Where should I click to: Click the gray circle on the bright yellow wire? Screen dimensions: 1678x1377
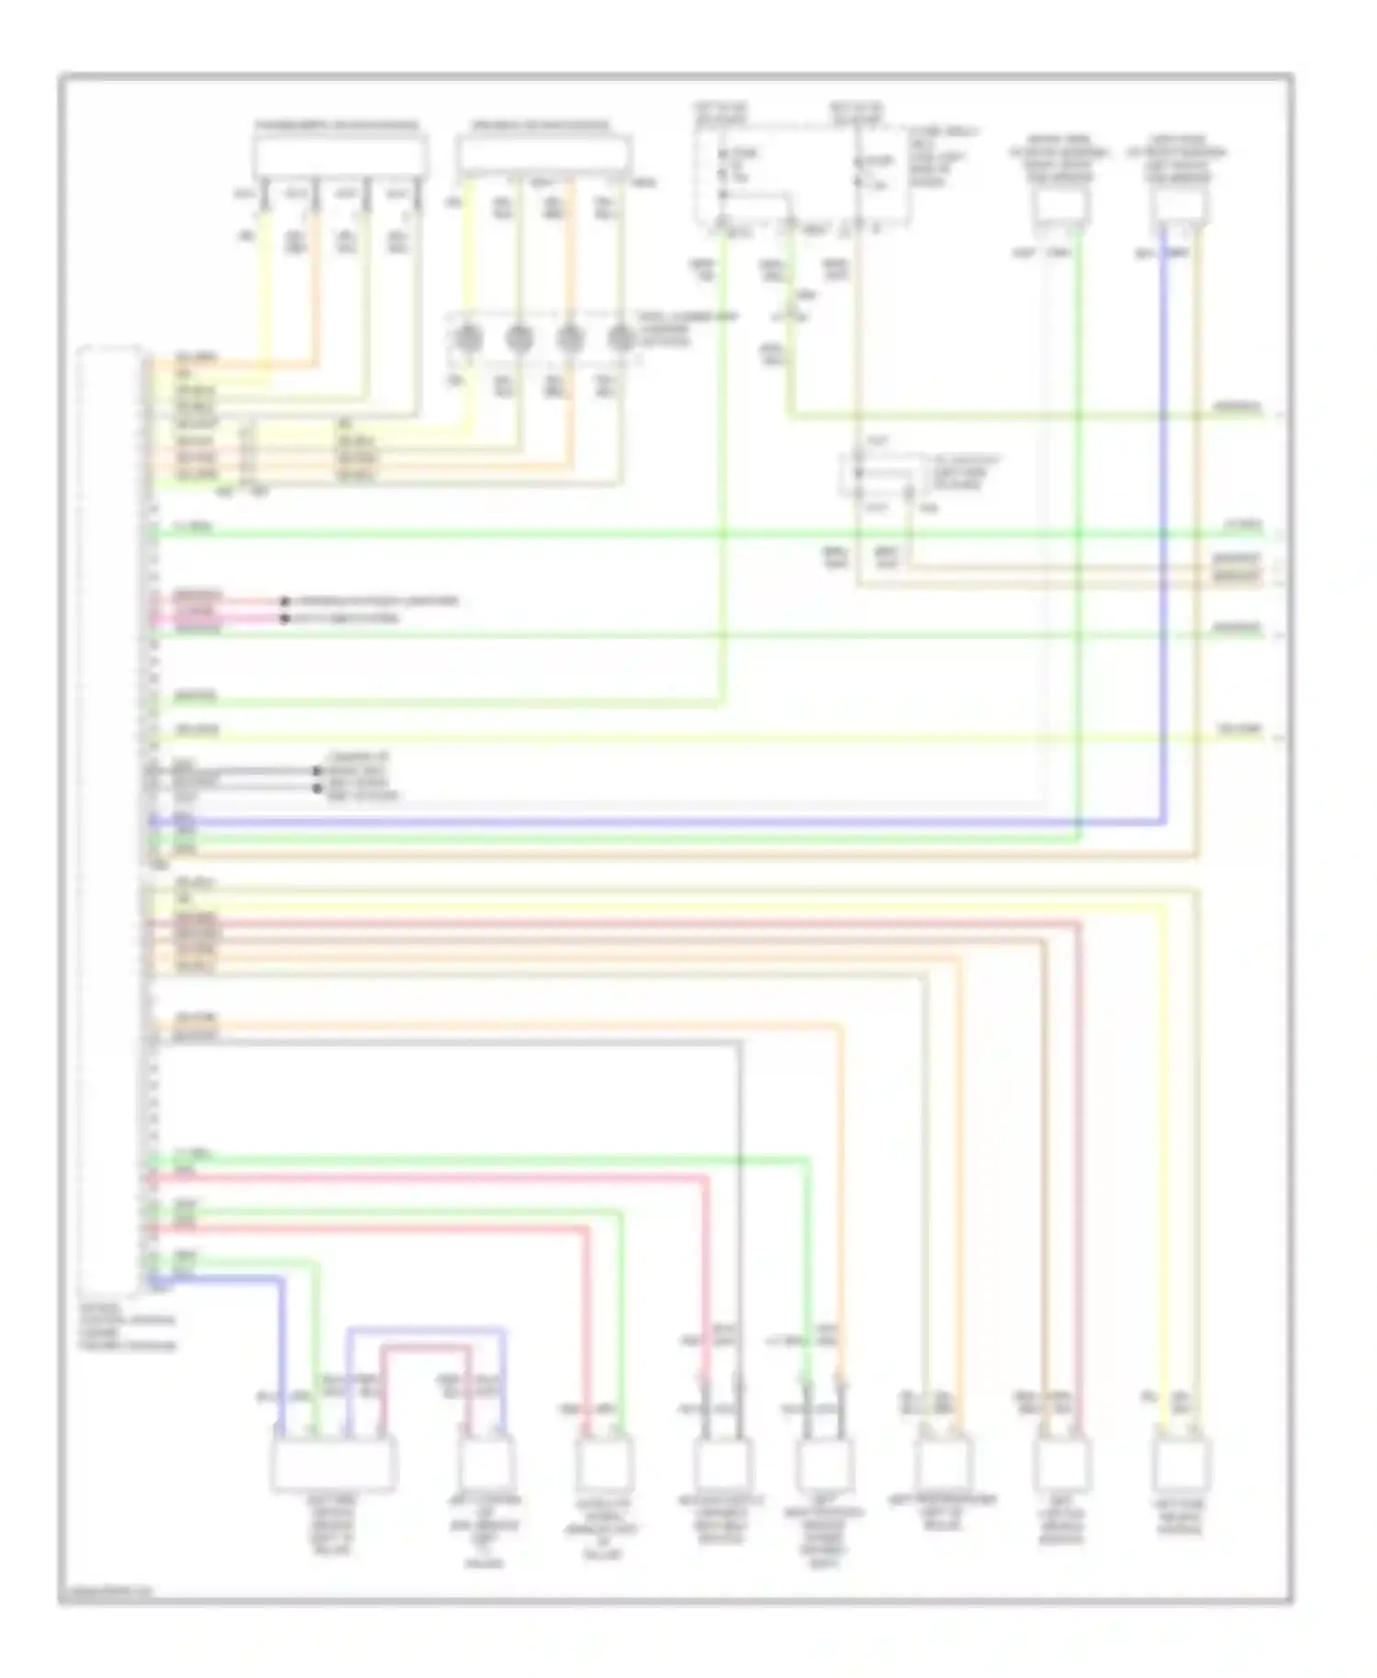click(x=468, y=339)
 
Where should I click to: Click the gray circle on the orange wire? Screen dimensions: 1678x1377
click(x=571, y=339)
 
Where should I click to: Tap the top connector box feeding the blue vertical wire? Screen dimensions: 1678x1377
click(x=1180, y=207)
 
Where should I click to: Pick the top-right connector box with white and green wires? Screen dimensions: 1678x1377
click(x=1060, y=207)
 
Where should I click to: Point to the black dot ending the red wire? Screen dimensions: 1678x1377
click(x=285, y=602)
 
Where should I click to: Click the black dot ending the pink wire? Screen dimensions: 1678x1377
click(x=285, y=619)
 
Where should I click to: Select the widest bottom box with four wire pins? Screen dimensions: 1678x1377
click(x=332, y=1463)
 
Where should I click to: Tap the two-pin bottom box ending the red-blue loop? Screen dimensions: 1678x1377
click(x=486, y=1463)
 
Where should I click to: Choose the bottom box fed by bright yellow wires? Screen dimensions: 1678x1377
click(x=1181, y=1463)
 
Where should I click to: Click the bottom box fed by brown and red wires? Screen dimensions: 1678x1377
click(x=1061, y=1463)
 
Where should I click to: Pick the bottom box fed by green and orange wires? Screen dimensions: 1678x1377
click(x=823, y=1463)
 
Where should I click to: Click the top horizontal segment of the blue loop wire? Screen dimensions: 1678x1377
click(x=426, y=1328)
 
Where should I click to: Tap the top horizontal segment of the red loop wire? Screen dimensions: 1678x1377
click(x=426, y=1347)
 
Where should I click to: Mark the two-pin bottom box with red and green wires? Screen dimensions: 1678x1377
click(x=604, y=1463)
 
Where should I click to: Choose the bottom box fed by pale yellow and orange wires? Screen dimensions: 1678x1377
click(x=943, y=1463)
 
